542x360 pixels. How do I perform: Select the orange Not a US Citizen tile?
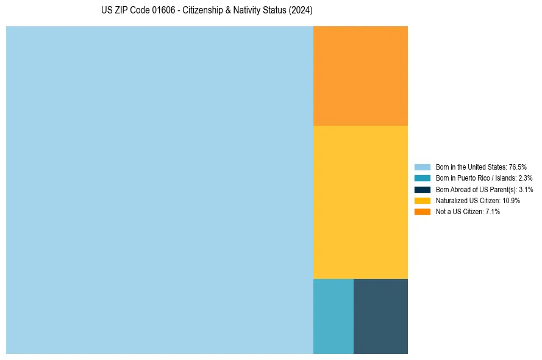pos(360,76)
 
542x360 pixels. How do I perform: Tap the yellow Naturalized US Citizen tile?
pos(360,202)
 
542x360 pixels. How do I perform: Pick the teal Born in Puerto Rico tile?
pos(333,316)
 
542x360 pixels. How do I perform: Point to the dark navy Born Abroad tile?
pos(380,316)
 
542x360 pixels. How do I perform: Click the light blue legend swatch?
pos(422,167)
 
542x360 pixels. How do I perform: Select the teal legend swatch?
pos(422,178)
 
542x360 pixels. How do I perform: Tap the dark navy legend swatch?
pos(422,189)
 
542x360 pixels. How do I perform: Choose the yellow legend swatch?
pos(422,200)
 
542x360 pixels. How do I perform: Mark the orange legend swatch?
pos(422,211)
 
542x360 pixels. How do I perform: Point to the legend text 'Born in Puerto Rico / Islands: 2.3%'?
pos(483,178)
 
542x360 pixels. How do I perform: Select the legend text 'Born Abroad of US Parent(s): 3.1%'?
pos(484,189)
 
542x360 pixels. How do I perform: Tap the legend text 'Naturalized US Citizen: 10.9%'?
pos(477,200)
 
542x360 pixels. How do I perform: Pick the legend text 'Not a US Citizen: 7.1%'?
pos(468,211)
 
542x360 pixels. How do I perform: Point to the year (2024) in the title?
pos(301,11)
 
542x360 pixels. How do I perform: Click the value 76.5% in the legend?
pos(517,167)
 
